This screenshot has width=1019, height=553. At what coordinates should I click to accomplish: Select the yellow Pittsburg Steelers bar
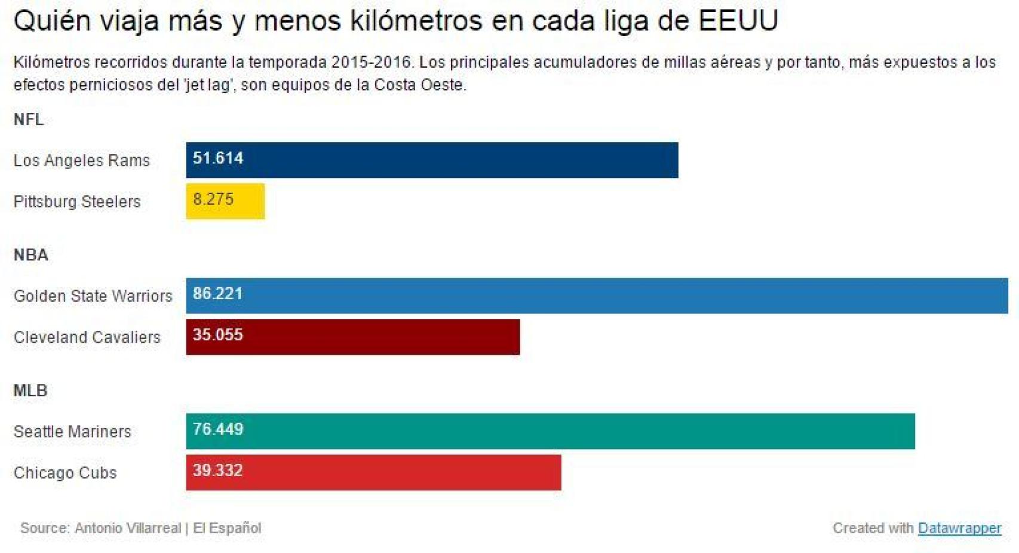pyautogui.click(x=239, y=201)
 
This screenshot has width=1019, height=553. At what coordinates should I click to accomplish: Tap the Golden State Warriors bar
pyautogui.click(x=597, y=296)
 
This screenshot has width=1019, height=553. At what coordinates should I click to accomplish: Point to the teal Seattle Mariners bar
pyautogui.click(x=567, y=431)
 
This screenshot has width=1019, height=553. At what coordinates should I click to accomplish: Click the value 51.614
pyautogui.click(x=218, y=158)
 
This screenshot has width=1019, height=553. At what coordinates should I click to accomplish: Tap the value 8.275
pyautogui.click(x=213, y=199)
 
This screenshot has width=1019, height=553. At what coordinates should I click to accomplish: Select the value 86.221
pyautogui.click(x=218, y=294)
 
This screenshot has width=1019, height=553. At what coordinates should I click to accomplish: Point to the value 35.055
pyautogui.click(x=218, y=335)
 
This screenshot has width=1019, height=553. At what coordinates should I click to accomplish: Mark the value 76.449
pyautogui.click(x=218, y=429)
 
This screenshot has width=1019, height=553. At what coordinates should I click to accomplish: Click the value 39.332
pyautogui.click(x=218, y=471)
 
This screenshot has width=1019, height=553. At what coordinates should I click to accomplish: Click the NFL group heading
pyautogui.click(x=29, y=119)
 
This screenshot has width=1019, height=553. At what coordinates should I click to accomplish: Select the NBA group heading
pyautogui.click(x=31, y=255)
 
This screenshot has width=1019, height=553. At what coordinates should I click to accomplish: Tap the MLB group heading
pyautogui.click(x=30, y=391)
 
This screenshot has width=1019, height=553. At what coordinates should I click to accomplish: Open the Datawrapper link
pyautogui.click(x=959, y=528)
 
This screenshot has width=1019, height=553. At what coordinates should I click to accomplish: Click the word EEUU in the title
pyautogui.click(x=738, y=21)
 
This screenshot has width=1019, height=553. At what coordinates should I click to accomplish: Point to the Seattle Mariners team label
pyautogui.click(x=72, y=431)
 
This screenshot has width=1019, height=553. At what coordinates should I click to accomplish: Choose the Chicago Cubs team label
pyautogui.click(x=65, y=472)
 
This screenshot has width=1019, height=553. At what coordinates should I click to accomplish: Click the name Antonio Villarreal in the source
pyautogui.click(x=128, y=528)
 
